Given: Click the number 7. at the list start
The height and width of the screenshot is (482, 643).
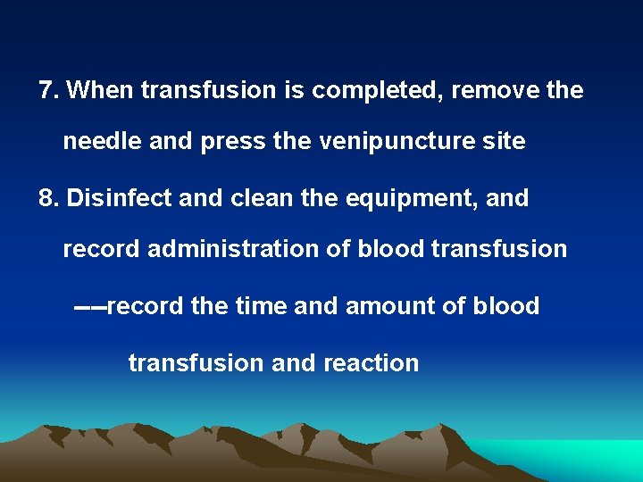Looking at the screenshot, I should click(x=48, y=90).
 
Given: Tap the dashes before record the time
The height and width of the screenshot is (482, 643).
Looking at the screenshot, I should click(x=89, y=307).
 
